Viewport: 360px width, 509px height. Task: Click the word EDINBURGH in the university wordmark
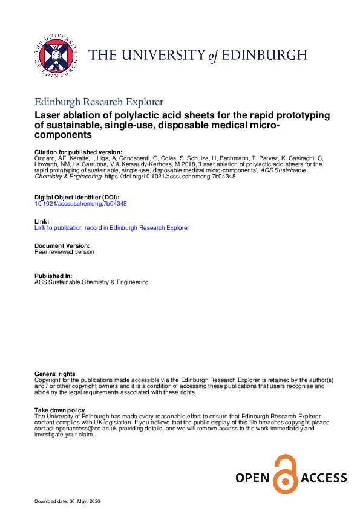pos(263,56)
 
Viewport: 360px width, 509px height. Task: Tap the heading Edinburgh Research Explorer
pos(99,102)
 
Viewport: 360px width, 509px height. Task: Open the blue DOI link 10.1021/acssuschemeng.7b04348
pos(81,204)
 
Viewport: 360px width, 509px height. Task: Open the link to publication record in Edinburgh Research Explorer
pos(112,228)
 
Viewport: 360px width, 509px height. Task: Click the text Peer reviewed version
pos(65,252)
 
